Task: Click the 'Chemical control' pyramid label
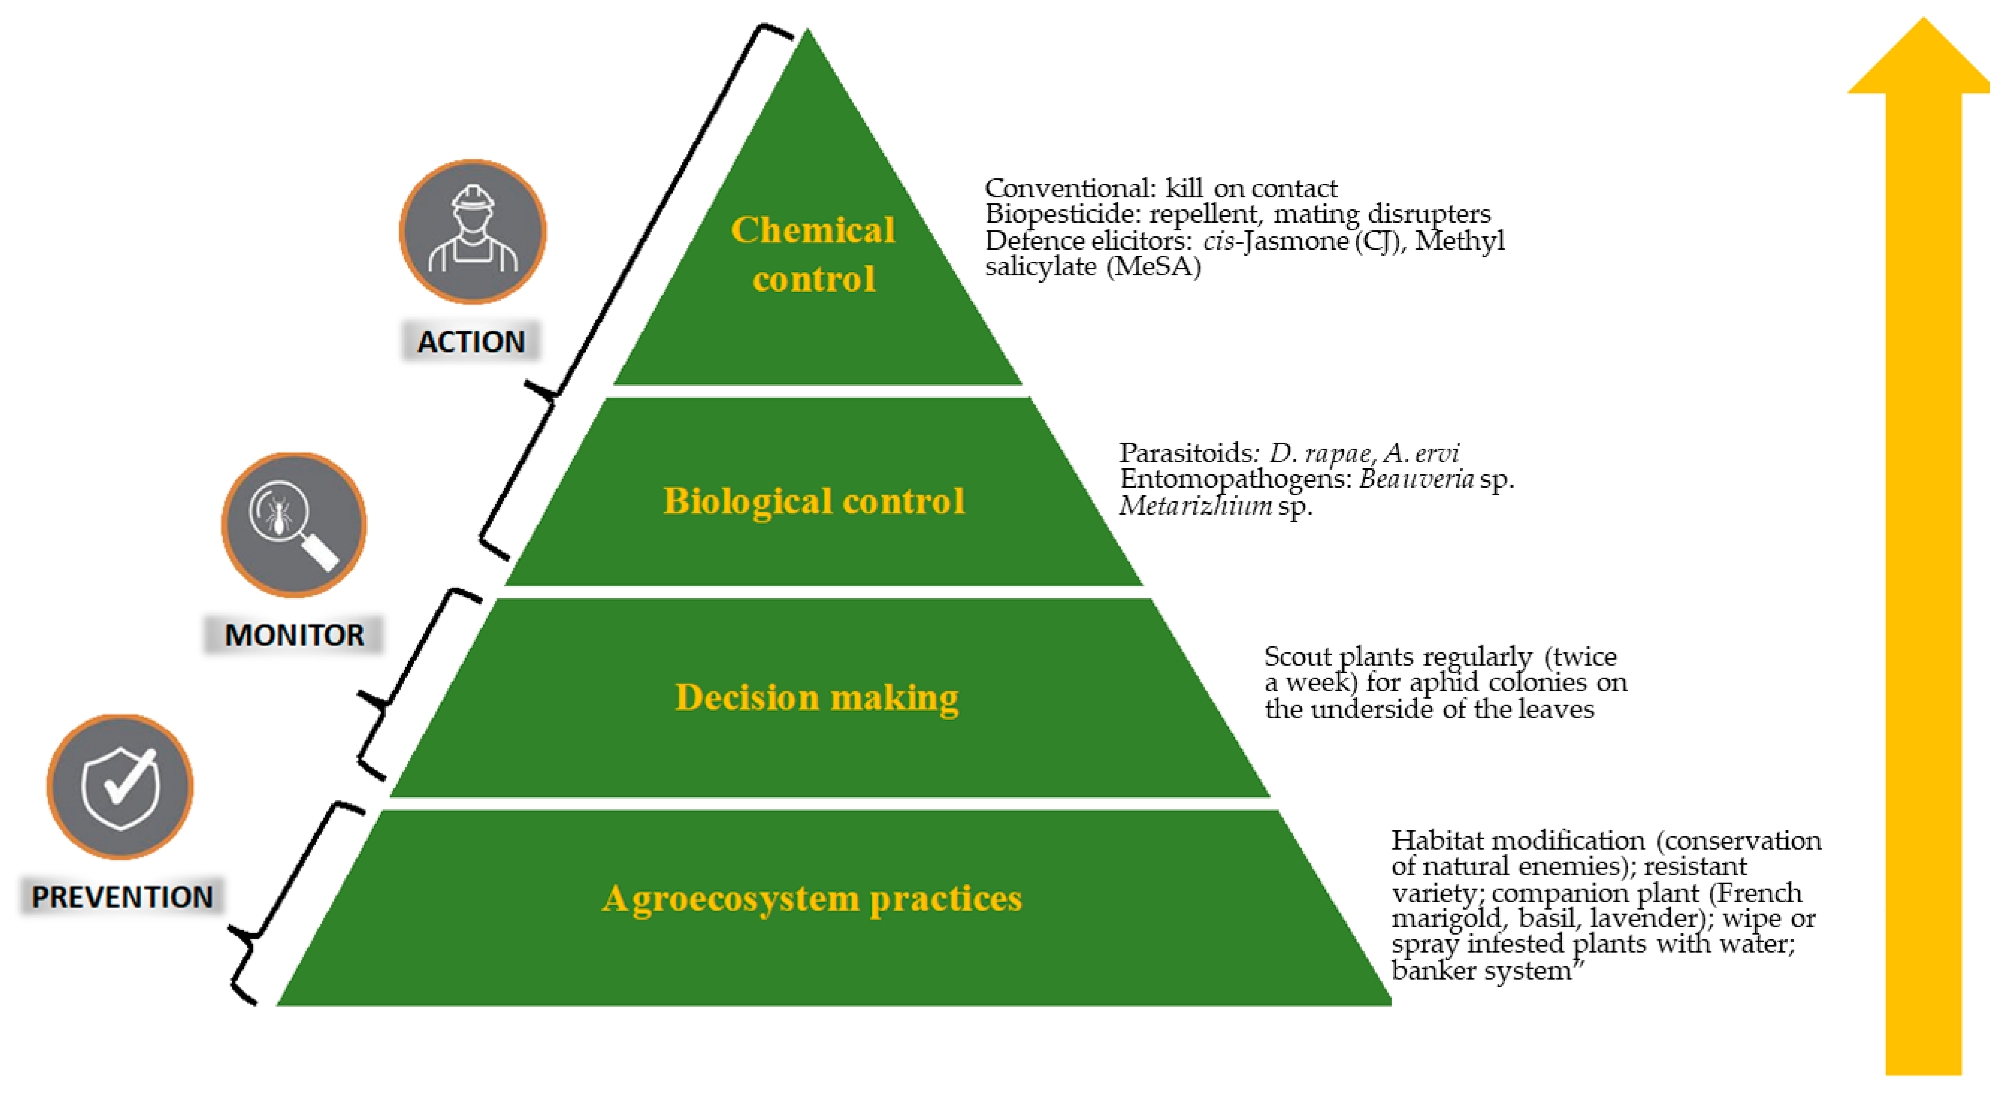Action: tap(813, 254)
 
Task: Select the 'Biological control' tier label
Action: tap(813, 500)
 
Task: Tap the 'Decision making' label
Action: tap(816, 697)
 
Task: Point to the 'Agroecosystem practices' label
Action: tap(811, 898)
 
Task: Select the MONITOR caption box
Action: tap(294, 634)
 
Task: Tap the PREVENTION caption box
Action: tap(122, 896)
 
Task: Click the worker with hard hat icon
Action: tap(472, 231)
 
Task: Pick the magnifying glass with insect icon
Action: tap(294, 525)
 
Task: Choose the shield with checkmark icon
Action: tap(120, 786)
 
